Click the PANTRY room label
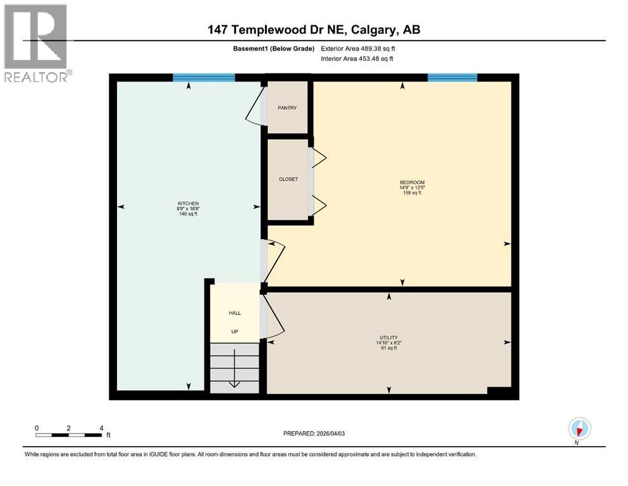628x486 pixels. (x=287, y=108)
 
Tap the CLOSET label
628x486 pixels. (x=288, y=179)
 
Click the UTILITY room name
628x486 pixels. (x=389, y=338)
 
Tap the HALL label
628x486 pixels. (x=235, y=313)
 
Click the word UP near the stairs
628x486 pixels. (x=235, y=331)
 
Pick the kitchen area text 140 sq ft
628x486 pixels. (x=188, y=214)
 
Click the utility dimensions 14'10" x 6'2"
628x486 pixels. (x=389, y=343)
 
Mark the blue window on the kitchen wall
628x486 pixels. (x=204, y=78)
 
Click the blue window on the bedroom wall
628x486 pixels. (x=452, y=78)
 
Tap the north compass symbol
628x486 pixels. (x=579, y=428)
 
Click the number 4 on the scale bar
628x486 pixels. (x=101, y=428)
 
